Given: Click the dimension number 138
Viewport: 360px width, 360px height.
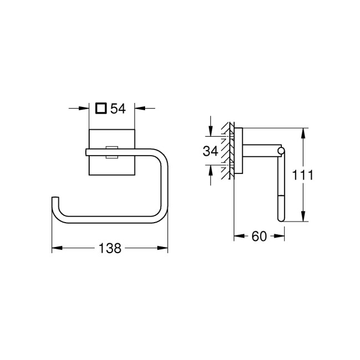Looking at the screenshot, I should coord(110,249).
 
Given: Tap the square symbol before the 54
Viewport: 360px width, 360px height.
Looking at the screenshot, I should coord(100,109).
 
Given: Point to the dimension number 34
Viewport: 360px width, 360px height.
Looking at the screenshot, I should coord(210,151).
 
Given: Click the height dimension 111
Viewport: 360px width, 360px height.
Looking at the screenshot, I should coord(304,176).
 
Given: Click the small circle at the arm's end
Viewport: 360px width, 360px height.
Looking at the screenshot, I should coord(281,151).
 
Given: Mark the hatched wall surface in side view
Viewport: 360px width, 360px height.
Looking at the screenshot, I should coord(227,152).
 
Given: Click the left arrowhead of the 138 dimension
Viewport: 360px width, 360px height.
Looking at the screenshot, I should coord(55,249).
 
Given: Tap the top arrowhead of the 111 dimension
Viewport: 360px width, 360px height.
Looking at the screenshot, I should coord(304,132).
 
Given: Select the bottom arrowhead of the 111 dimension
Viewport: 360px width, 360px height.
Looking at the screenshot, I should coord(304,218).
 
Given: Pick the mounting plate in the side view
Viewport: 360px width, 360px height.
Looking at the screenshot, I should coord(239,152).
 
